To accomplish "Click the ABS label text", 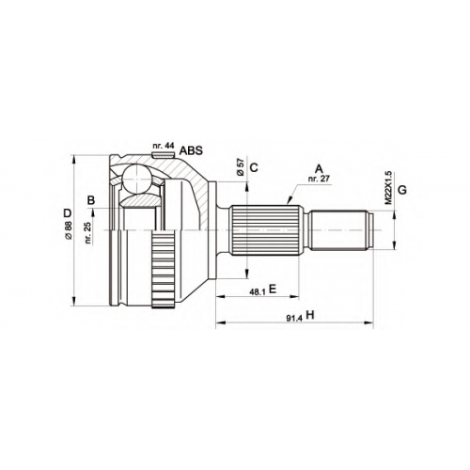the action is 191,150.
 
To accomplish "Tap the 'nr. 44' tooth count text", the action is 163,146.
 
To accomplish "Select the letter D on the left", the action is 68,213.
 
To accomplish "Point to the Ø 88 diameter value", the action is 69,230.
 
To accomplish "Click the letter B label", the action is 91,200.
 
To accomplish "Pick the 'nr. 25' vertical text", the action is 88,232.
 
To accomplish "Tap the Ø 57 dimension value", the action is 241,167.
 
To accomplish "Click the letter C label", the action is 254,167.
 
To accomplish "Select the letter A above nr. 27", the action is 319,169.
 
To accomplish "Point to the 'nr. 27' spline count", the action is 319,179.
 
